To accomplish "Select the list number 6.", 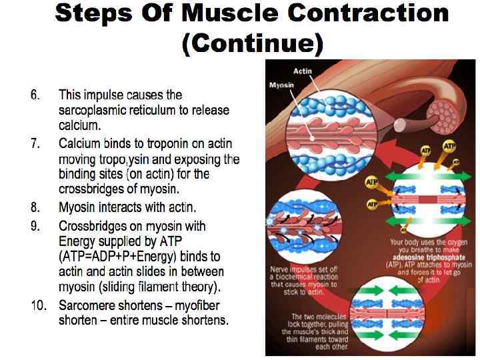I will (x=35, y=95).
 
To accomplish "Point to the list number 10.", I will (x=38, y=306).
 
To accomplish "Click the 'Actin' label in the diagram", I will (x=303, y=71).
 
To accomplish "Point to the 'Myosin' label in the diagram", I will (x=282, y=85).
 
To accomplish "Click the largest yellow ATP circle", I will (x=450, y=146).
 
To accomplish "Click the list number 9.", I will (x=35, y=226).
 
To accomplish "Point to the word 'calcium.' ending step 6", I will (x=79, y=125).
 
